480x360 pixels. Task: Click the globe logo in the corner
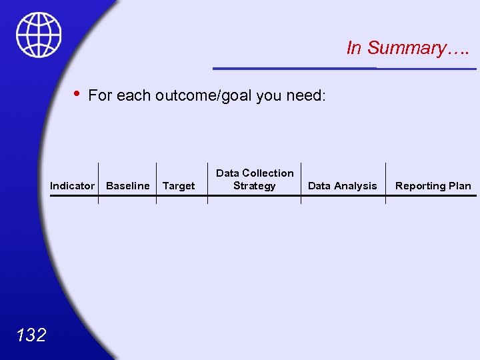(x=39, y=35)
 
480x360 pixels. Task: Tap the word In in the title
(x=354, y=48)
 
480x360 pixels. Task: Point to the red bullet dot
(x=78, y=94)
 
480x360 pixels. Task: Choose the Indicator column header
(x=72, y=186)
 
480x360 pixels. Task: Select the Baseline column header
(x=128, y=186)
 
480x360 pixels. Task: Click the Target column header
(x=179, y=186)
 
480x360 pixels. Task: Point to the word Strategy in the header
(x=254, y=186)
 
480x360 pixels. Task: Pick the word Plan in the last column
(x=459, y=186)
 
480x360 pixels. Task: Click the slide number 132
(x=31, y=334)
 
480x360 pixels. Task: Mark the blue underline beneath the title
(x=344, y=68)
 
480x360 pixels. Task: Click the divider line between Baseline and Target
(x=156, y=183)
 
